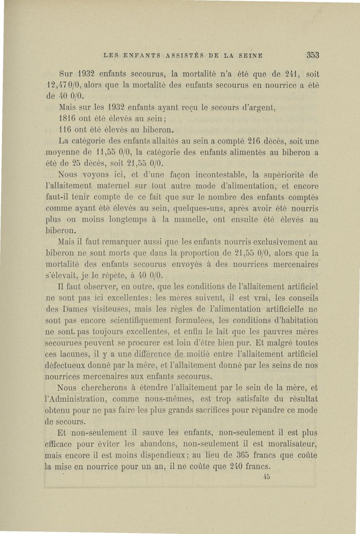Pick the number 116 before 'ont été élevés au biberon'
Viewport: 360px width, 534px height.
pos(67,131)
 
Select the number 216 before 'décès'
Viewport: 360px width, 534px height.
pos(244,143)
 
